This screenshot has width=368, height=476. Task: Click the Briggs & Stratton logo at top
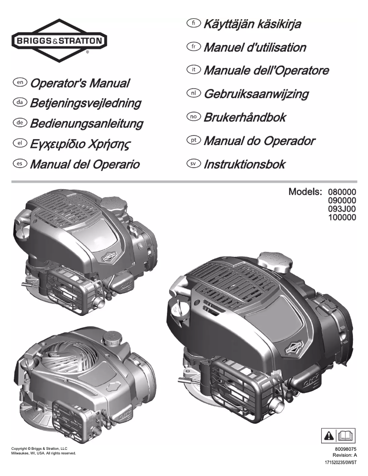click(x=59, y=40)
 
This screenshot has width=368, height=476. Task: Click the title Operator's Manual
click(x=79, y=84)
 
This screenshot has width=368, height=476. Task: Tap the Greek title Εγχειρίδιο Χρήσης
click(x=80, y=143)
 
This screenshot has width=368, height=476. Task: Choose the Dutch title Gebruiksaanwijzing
click(x=256, y=94)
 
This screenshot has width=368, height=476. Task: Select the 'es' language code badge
click(x=20, y=163)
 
